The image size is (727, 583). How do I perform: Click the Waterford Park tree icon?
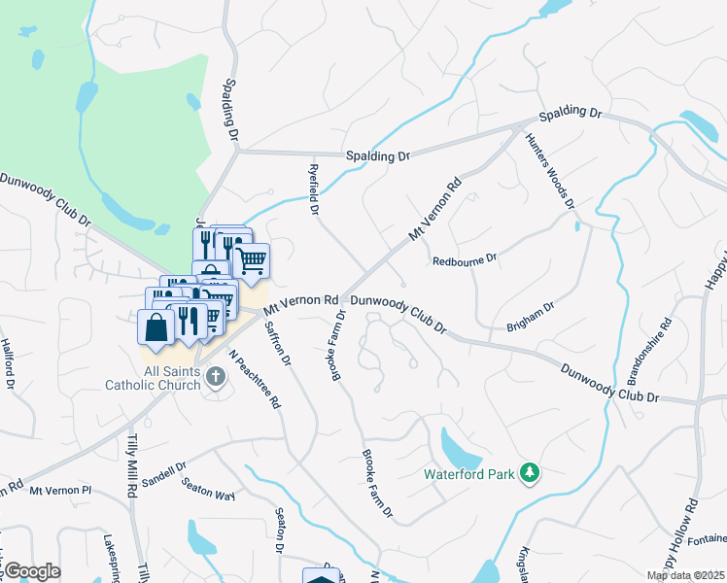[530, 473]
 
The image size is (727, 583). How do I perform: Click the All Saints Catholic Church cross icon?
[215, 378]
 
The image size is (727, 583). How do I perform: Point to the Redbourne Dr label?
[465, 259]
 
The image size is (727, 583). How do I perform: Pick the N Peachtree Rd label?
[255, 378]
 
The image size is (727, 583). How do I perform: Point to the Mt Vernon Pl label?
[59, 492]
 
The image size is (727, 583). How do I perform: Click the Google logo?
[31, 571]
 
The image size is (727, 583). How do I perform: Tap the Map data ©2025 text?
[685, 575]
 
